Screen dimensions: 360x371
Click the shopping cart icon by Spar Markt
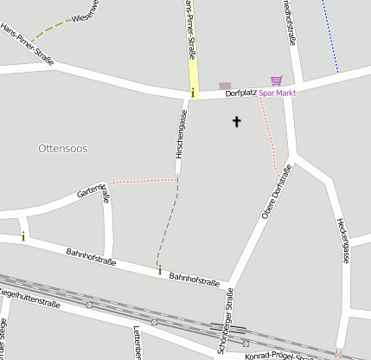[276, 80]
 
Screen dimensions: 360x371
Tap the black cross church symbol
[236, 122]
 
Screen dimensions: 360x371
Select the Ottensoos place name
[63, 149]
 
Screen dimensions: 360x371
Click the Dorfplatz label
[241, 93]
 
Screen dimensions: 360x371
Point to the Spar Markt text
[277, 93]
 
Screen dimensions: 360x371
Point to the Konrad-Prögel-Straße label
[279, 356]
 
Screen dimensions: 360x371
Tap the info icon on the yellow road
[193, 91]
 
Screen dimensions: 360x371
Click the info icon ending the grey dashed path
[159, 271]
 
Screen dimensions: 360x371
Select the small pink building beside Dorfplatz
[225, 85]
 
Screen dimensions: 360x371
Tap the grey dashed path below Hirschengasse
[170, 216]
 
